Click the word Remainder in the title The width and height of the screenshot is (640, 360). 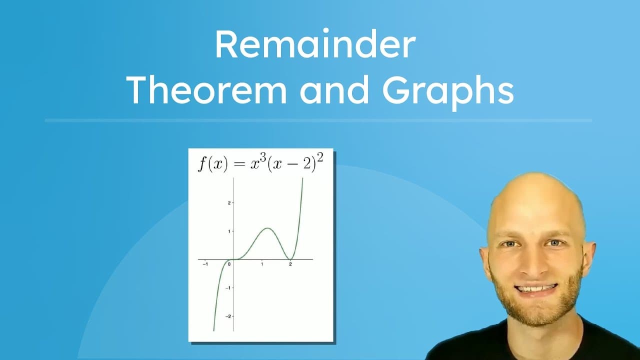click(x=315, y=44)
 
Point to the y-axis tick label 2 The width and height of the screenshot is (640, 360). click(x=228, y=203)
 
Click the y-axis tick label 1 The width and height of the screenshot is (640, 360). click(x=228, y=231)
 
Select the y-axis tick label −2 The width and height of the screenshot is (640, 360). click(x=227, y=316)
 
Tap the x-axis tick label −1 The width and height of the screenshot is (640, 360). click(x=204, y=264)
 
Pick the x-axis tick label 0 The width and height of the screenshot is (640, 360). click(x=229, y=264)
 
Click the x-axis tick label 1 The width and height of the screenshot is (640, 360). click(x=262, y=264)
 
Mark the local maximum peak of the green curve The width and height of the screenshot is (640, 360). click(x=268, y=228)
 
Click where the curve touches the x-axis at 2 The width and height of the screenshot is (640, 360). click(x=290, y=259)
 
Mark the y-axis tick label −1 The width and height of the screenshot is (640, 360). click(x=227, y=288)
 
